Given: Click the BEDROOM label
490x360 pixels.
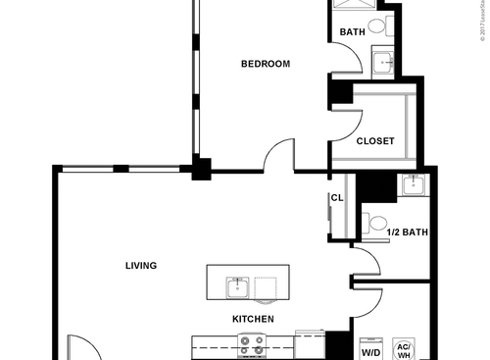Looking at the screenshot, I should click(x=266, y=65).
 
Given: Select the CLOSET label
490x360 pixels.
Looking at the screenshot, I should click(x=374, y=141).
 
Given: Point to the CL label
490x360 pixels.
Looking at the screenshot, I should click(x=336, y=197).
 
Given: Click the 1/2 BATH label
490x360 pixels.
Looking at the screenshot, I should click(x=408, y=232).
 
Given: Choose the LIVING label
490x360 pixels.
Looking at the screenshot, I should click(x=141, y=266).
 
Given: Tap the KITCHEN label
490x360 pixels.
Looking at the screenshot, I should click(x=252, y=320).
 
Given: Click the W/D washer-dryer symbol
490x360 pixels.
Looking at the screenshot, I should click(x=371, y=350).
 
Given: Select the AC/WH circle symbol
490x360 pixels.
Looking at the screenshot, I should click(x=403, y=349).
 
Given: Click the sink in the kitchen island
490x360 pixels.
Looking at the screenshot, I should click(x=236, y=287).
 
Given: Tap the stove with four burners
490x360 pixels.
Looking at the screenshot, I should click(x=252, y=345).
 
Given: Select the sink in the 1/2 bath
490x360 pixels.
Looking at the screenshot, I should click(x=412, y=183).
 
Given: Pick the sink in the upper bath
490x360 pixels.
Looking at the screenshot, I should click(x=385, y=63).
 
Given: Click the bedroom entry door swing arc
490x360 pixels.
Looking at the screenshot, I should click(x=278, y=154).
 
